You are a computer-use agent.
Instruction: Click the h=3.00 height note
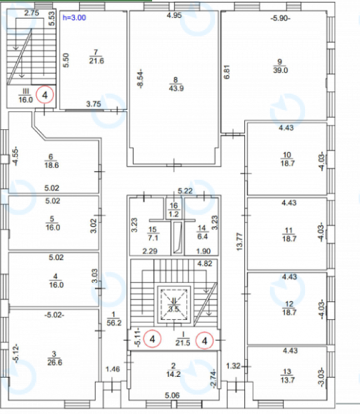(74, 16)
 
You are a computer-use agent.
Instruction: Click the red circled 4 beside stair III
(45, 94)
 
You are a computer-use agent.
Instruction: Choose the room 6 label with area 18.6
(51, 163)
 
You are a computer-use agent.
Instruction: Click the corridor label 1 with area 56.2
(113, 321)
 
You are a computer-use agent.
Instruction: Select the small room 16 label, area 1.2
(172, 213)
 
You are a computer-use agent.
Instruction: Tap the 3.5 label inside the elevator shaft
(174, 309)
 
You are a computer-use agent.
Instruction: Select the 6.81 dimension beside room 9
(226, 71)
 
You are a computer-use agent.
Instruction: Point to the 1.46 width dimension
(112, 369)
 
